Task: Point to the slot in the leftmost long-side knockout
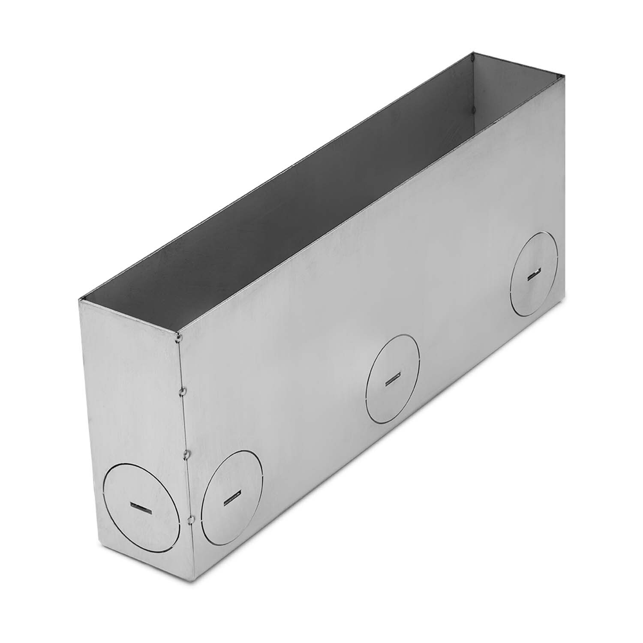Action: coord(231,499)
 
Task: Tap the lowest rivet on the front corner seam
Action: coord(189,520)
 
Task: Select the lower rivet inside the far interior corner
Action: coord(472,111)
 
